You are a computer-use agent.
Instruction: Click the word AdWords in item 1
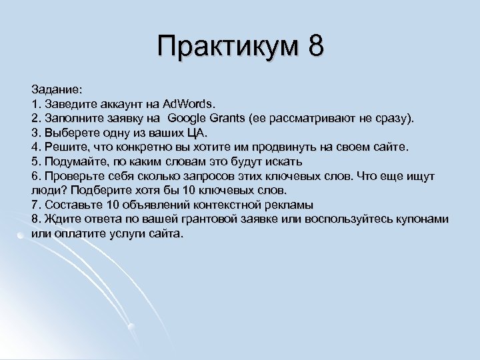(x=189, y=103)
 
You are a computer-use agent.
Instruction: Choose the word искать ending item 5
(x=285, y=161)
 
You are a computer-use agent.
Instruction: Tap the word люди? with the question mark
(x=47, y=190)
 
